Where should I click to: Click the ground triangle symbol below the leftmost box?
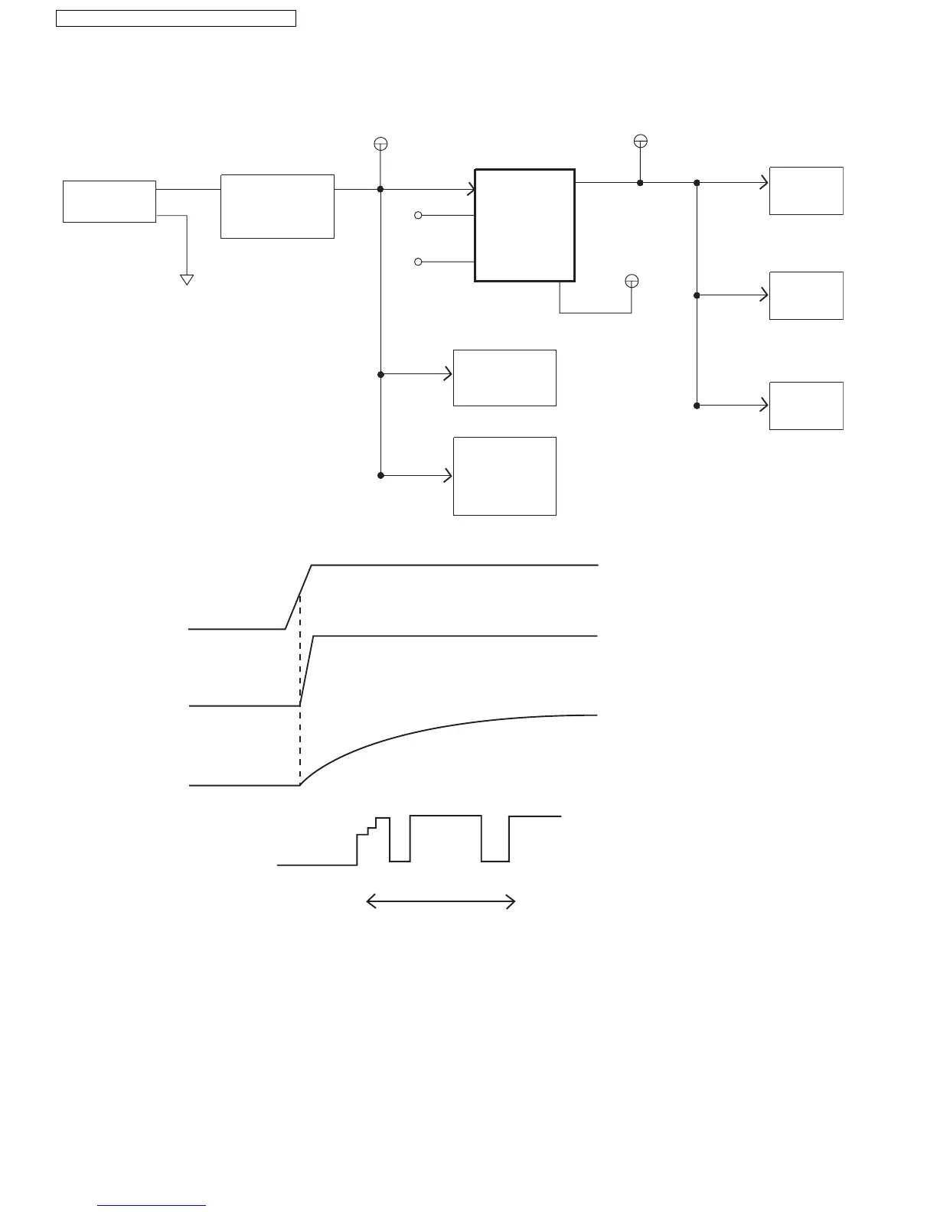point(186,279)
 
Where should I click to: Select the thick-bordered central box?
point(524,225)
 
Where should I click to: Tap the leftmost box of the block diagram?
point(109,202)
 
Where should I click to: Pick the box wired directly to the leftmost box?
point(277,207)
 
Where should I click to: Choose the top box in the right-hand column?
point(806,191)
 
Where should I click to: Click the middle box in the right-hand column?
point(806,295)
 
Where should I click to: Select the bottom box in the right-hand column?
point(806,406)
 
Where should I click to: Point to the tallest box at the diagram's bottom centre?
point(504,476)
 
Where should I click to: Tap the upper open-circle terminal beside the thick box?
point(418,216)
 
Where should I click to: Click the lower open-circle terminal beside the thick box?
point(418,262)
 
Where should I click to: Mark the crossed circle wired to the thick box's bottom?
point(632,281)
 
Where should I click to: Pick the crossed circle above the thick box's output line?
point(641,141)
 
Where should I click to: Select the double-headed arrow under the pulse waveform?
point(441,903)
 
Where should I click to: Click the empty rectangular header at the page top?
point(176,18)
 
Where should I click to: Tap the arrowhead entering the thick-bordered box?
point(471,189)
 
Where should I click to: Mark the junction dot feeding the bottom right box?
point(697,406)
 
